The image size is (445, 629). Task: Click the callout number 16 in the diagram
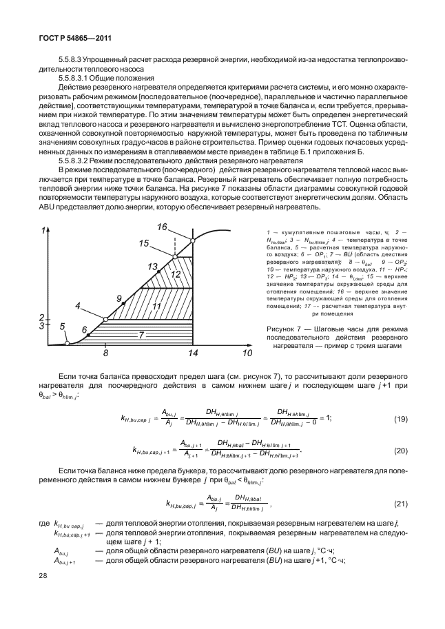point(162,227)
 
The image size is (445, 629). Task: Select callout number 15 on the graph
point(144,243)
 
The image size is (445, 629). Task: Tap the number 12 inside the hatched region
point(176,274)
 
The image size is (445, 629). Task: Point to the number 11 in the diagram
point(156,306)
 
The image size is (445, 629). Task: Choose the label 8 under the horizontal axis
point(106,353)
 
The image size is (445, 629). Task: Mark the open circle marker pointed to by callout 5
point(67,343)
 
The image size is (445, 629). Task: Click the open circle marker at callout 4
point(105,319)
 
